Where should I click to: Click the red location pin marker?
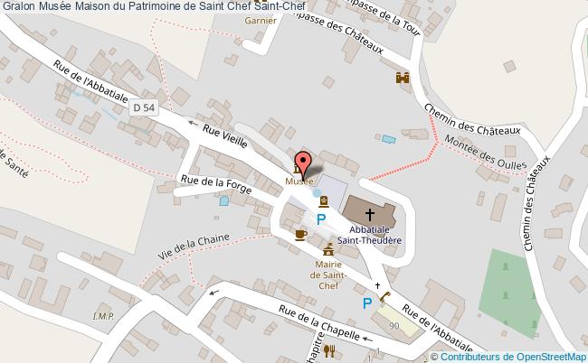(306, 163)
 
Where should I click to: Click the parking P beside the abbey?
(321, 219)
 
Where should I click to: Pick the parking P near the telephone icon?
(367, 302)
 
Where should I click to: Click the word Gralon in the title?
(18, 7)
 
